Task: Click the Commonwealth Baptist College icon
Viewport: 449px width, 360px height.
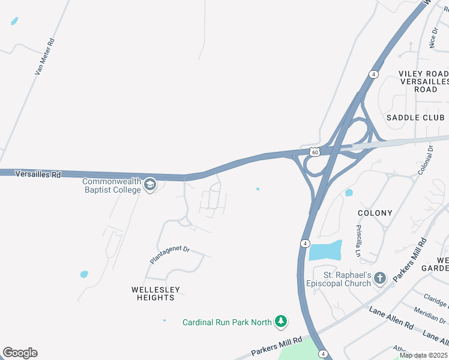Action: coord(151,185)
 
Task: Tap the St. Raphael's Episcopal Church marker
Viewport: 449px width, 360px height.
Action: coord(379,278)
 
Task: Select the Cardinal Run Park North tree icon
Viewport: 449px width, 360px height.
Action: coord(280,322)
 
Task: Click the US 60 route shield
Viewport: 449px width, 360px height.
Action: coord(315,152)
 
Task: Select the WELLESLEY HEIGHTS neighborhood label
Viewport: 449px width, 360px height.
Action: coord(156,293)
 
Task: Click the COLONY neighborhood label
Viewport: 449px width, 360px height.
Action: coord(375,213)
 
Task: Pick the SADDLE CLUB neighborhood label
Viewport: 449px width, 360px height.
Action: coord(415,118)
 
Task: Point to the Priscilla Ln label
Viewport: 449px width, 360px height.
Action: coord(358,241)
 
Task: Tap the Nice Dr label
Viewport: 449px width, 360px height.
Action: coord(433,37)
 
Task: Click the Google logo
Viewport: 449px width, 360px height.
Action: coord(20,353)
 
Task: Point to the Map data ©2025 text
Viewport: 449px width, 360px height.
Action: coord(423,355)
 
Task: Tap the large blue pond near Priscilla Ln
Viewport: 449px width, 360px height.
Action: coord(325,250)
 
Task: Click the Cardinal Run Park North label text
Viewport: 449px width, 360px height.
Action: coord(227,322)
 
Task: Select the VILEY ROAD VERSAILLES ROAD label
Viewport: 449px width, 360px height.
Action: coord(423,82)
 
